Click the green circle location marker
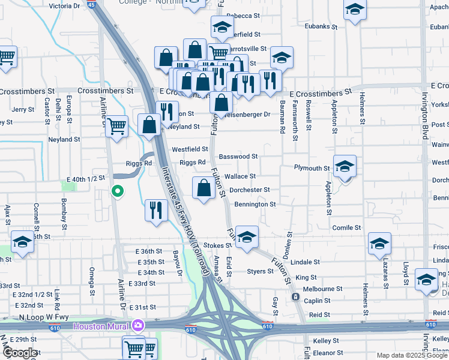118,191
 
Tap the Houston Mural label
103,326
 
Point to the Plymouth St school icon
345,166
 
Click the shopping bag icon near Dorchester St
204,188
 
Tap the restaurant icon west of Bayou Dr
156,211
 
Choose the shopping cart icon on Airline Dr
116,127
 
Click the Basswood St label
238,157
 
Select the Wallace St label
240,176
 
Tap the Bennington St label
255,204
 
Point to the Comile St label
346,228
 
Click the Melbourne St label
323,289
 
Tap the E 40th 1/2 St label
85,179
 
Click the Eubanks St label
317,26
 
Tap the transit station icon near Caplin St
295,296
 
